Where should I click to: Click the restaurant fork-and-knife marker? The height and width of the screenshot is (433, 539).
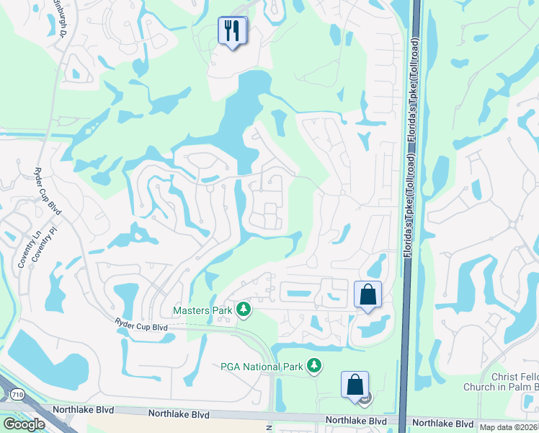pos(232,31)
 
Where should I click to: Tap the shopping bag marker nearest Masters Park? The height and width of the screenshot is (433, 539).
pos(367,294)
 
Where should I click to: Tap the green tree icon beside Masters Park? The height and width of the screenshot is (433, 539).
pos(244,310)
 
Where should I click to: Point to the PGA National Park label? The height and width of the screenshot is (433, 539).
pos(262,367)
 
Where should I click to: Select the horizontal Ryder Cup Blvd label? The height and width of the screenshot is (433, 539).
pos(142,327)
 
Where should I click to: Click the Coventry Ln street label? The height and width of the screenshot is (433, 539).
pos(22,250)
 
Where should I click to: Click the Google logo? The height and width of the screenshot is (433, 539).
pos(24,424)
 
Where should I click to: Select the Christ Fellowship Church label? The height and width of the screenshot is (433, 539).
pos(514,382)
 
